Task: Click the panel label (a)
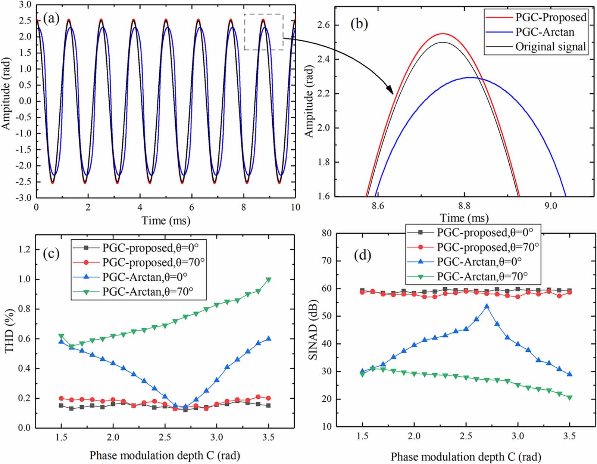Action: [51, 18]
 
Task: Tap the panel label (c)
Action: [51, 253]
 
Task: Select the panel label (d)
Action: [362, 255]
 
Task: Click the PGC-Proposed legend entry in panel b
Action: [551, 17]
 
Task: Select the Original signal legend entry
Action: [550, 47]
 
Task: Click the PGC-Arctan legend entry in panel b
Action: [545, 32]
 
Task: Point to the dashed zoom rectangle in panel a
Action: [264, 32]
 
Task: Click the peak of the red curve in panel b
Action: [443, 34]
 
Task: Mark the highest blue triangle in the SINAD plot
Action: [487, 306]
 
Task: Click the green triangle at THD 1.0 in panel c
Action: [268, 280]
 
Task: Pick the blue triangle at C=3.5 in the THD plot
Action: [268, 339]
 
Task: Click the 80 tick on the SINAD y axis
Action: [326, 233]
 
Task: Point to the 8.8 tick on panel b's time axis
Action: [464, 206]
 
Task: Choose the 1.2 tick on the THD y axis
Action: [25, 249]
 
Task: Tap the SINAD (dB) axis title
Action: [313, 330]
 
